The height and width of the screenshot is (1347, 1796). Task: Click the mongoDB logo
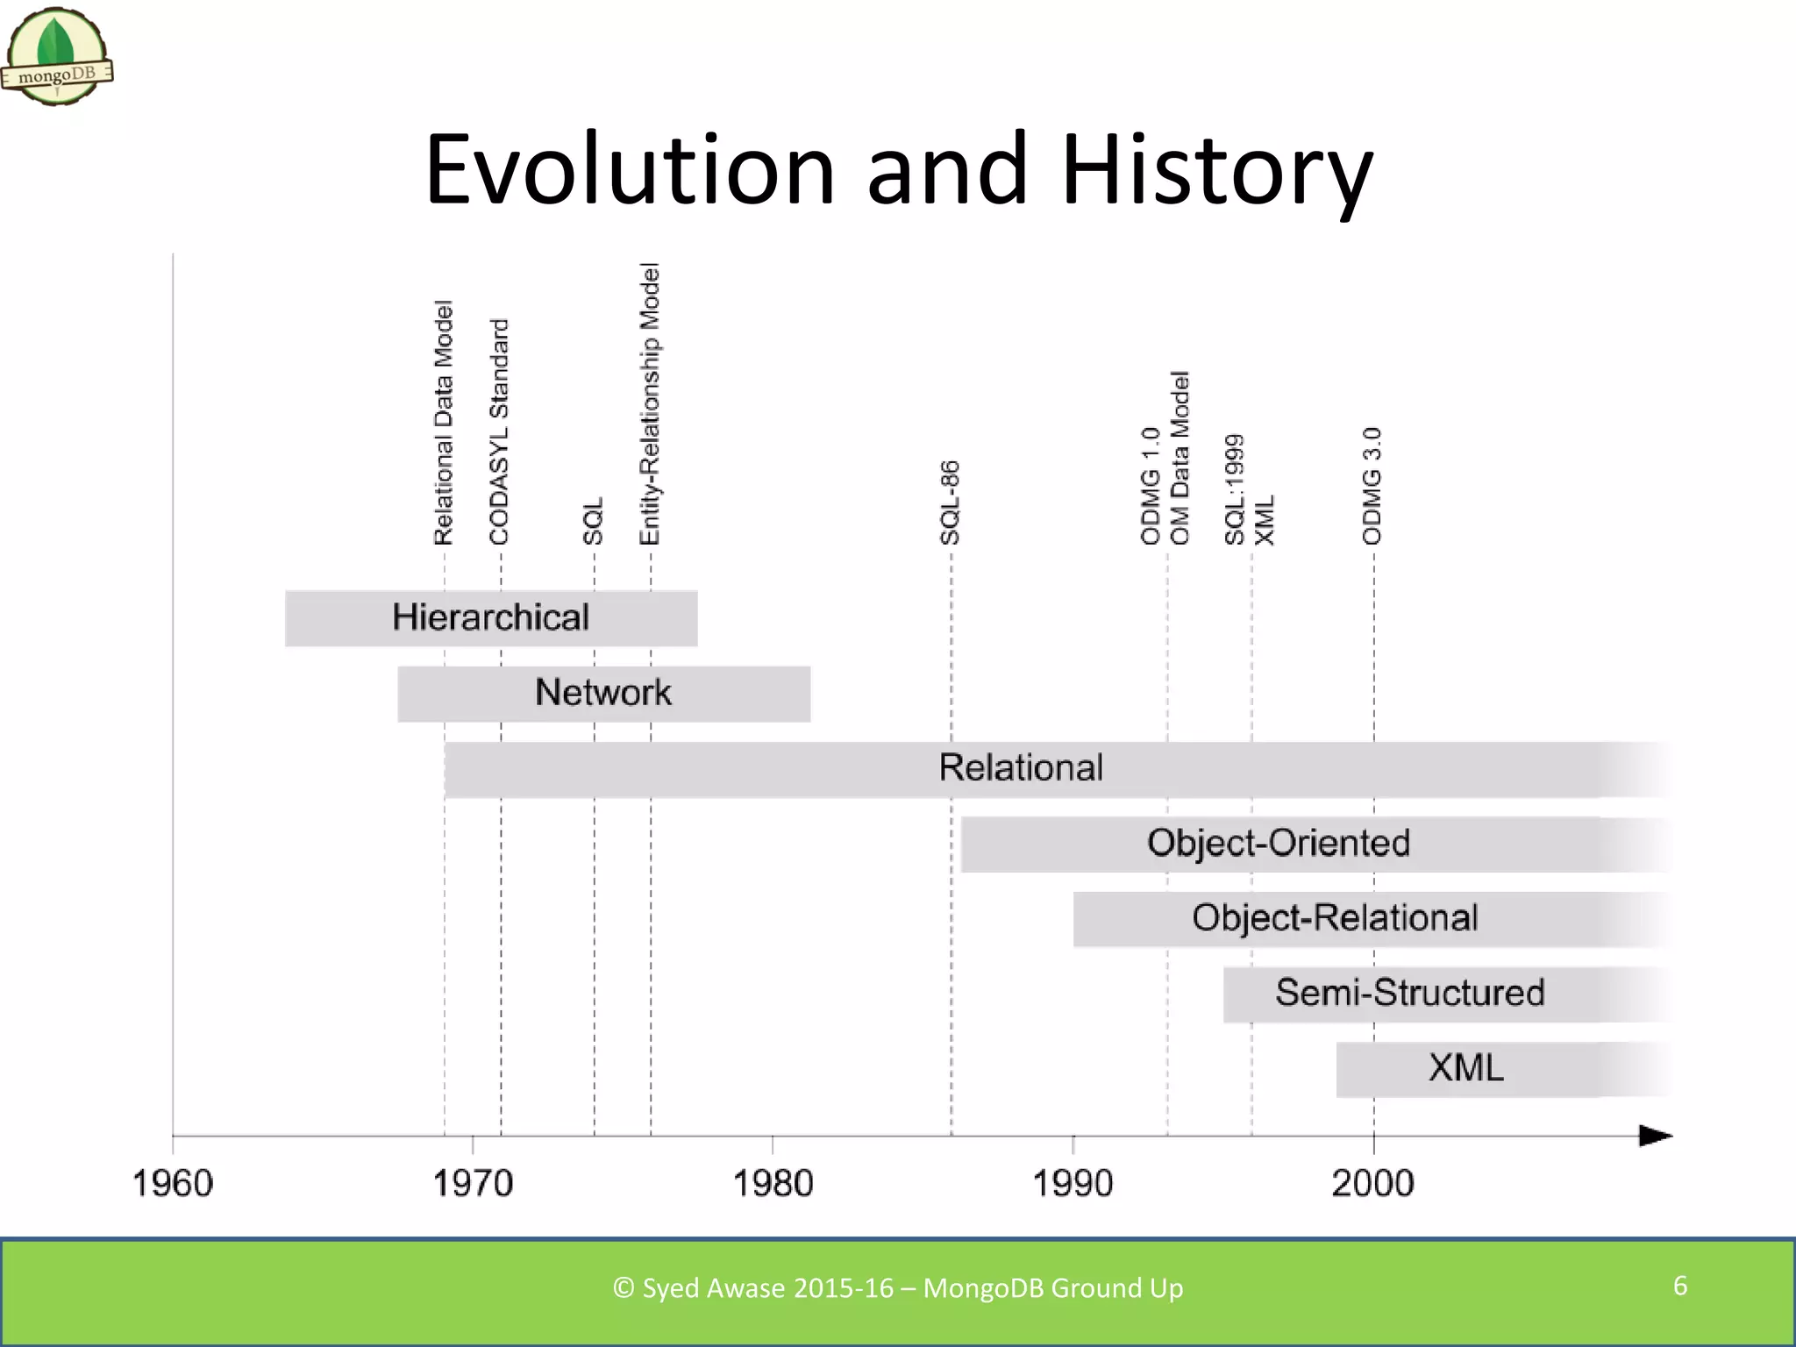coord(56,58)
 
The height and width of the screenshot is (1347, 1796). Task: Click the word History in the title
coord(1216,170)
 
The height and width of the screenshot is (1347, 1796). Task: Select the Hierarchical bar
coord(491,618)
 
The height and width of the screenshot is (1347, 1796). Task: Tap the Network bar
coord(603,694)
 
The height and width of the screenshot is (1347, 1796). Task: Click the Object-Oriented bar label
coord(1278,844)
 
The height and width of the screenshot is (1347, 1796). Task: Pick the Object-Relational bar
coord(1334,919)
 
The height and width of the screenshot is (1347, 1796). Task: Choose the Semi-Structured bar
coord(1409,994)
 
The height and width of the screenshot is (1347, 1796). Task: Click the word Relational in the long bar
coord(1020,768)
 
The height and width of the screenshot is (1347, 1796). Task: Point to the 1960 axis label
coord(173,1184)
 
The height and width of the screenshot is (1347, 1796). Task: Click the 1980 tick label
coord(773,1184)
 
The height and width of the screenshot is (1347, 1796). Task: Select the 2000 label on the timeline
coord(1372,1184)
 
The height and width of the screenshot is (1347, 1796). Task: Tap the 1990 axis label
coord(1073,1184)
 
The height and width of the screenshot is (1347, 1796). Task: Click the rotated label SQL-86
coord(951,502)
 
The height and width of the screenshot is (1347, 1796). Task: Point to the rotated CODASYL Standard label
coord(499,431)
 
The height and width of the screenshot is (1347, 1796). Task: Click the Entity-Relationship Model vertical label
coord(649,403)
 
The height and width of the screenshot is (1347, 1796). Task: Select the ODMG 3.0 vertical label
coord(1372,486)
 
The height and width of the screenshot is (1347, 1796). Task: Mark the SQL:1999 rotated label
coord(1235,489)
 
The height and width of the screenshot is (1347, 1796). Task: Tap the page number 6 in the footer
coord(1680,1286)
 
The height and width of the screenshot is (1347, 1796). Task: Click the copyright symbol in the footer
coord(624,1288)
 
